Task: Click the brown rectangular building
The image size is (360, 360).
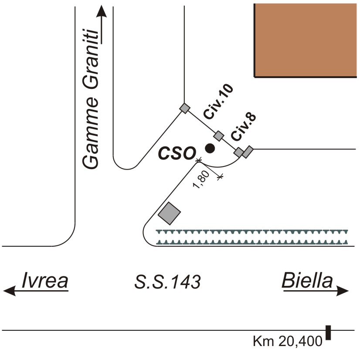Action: (x=305, y=40)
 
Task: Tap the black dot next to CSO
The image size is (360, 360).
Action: (x=210, y=149)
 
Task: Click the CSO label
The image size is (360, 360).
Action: (x=176, y=153)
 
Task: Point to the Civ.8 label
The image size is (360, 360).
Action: (x=244, y=126)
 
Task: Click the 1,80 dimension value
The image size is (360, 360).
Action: (x=202, y=180)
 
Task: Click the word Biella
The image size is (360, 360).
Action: (x=307, y=281)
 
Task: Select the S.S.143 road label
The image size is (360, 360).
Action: (x=168, y=283)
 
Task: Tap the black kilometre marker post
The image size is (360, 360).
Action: (x=328, y=333)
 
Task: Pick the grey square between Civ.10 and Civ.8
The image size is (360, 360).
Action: (x=218, y=136)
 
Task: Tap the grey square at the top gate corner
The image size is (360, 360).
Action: (x=185, y=109)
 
